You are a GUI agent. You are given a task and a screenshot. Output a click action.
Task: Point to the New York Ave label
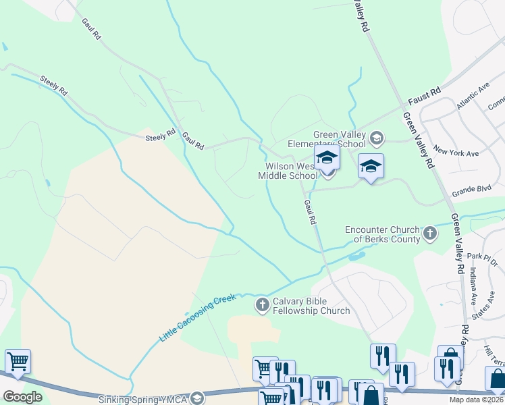pyautogui.click(x=456, y=152)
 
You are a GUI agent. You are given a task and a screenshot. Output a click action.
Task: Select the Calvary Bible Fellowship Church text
pyautogui.click(x=311, y=306)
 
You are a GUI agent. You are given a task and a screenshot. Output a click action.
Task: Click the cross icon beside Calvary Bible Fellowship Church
pyautogui.click(x=263, y=306)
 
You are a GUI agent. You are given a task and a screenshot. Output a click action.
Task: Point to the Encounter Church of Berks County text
pyautogui.click(x=382, y=234)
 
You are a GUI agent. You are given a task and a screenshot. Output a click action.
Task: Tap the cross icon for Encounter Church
pyautogui.click(x=430, y=234)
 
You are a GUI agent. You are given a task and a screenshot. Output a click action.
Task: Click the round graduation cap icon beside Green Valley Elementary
pyautogui.click(x=376, y=139)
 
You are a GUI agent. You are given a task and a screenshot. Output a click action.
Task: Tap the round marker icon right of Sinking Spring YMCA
pyautogui.click(x=196, y=399)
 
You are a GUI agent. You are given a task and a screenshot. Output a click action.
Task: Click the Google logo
pyautogui.click(x=23, y=397)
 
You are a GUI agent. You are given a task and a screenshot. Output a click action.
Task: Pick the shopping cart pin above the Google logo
pyautogui.click(x=18, y=362)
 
